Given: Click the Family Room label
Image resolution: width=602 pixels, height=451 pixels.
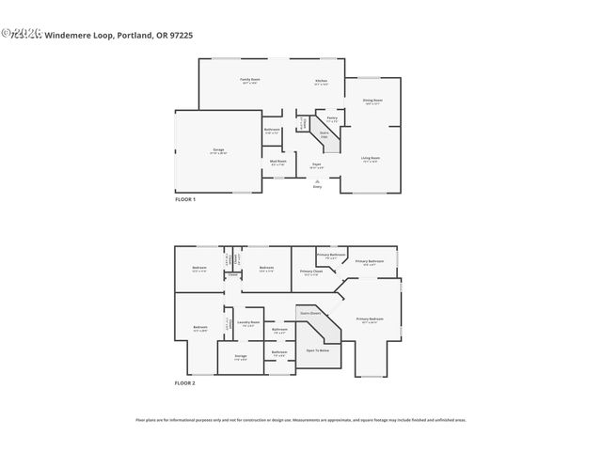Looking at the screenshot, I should point(249,80).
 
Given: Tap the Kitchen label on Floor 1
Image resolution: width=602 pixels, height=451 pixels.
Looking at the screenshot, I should point(321,81).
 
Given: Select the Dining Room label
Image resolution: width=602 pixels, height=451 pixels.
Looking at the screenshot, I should point(372,101).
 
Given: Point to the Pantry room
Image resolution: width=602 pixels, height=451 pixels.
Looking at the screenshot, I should point(332,118).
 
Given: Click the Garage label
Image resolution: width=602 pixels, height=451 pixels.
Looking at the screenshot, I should point(217,150).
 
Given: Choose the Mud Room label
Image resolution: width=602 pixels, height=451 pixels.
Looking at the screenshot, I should point(278,162).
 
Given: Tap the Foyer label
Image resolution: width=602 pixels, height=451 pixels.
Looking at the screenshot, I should point(317,165).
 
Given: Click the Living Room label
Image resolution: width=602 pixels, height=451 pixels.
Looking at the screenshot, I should point(372,159).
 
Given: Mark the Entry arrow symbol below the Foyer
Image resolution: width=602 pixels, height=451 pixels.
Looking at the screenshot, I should point(316,182).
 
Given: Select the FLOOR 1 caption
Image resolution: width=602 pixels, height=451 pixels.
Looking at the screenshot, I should point(185,199).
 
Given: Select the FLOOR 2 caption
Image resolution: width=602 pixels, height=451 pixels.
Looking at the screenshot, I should point(185,383).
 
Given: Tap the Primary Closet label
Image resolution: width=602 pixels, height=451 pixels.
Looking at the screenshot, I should point(311,272).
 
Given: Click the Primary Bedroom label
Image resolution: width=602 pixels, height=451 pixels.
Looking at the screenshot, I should point(370,319).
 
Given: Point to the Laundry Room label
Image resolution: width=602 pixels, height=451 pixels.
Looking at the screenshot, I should point(246,323).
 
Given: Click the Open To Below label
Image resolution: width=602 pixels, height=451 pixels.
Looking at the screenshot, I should point(317,350).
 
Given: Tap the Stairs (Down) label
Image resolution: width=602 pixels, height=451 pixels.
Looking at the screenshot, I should point(310,313).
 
